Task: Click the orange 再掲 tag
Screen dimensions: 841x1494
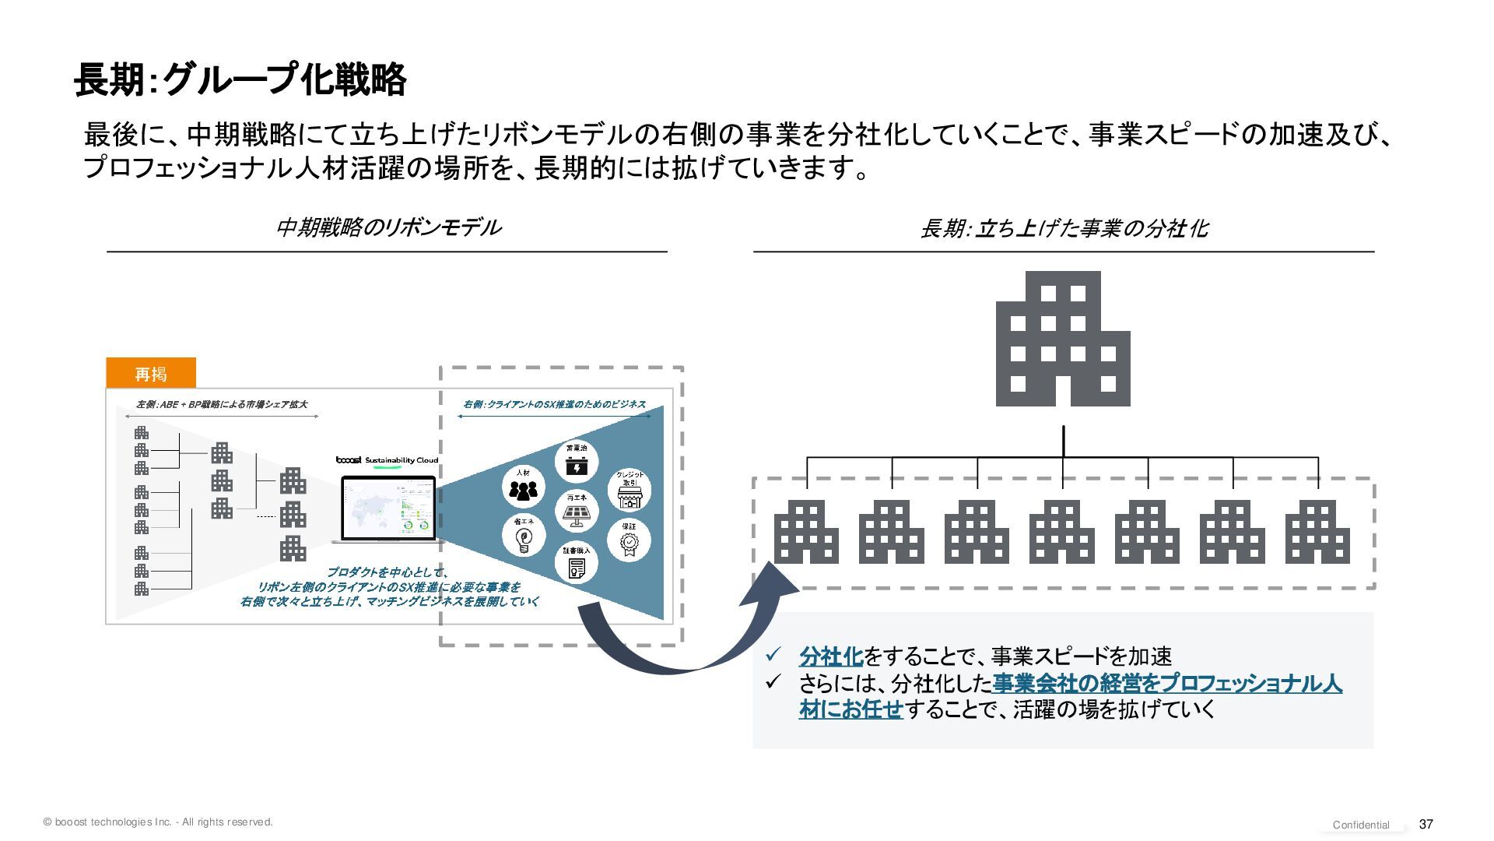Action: click(x=151, y=374)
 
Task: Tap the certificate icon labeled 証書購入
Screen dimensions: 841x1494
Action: click(x=576, y=562)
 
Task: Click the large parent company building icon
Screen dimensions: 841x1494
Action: click(x=1063, y=339)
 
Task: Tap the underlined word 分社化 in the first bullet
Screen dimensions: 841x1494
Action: click(x=831, y=656)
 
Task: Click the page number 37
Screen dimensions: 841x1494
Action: click(x=1426, y=824)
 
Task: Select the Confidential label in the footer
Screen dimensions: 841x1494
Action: click(x=1361, y=825)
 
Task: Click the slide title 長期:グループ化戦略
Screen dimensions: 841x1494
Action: click(x=240, y=79)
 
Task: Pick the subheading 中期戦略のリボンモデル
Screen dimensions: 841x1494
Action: click(x=388, y=227)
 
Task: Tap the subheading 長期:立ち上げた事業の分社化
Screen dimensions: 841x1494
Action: click(x=1063, y=228)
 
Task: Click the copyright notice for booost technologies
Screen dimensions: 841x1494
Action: click(x=159, y=822)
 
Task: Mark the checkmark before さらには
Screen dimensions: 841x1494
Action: click(x=773, y=682)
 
